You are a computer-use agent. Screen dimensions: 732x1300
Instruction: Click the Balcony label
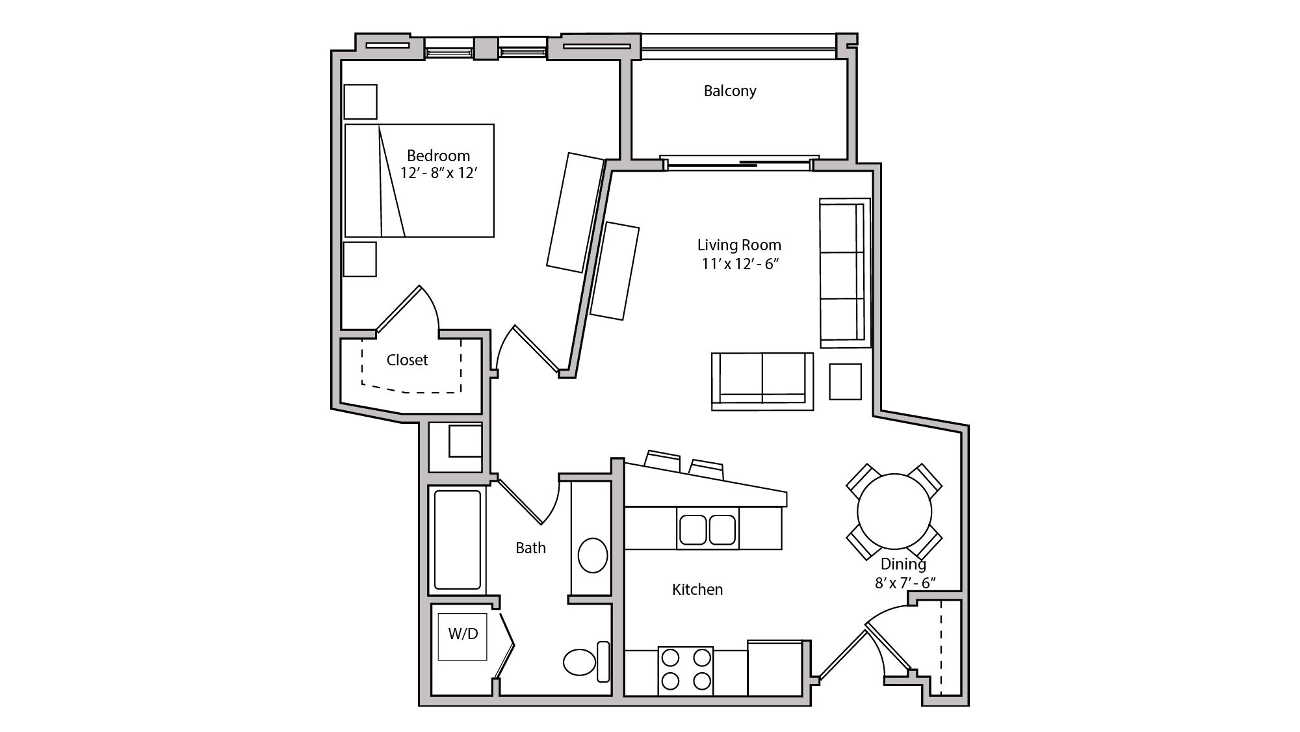729,91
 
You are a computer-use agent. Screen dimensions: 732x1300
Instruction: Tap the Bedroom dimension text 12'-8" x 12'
439,174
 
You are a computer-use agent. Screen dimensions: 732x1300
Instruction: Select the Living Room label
739,245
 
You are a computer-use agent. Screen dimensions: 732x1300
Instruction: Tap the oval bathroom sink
592,555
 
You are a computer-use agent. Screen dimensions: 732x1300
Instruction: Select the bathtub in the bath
458,540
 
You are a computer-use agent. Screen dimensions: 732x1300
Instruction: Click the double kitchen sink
707,529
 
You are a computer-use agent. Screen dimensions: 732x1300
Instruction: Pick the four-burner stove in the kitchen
685,670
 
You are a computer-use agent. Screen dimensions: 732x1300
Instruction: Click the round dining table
894,511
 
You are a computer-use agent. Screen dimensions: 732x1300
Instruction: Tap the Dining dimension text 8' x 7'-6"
904,583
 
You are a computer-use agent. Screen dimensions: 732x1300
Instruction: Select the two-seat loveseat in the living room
762,380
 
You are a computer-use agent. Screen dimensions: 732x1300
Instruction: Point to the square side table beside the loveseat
845,382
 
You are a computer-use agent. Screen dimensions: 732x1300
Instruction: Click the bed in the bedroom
419,181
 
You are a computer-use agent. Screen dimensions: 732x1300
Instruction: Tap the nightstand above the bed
360,102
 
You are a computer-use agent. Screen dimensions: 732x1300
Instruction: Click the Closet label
407,360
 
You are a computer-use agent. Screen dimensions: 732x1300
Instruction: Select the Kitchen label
697,590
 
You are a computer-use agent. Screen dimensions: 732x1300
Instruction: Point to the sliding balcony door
738,163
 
